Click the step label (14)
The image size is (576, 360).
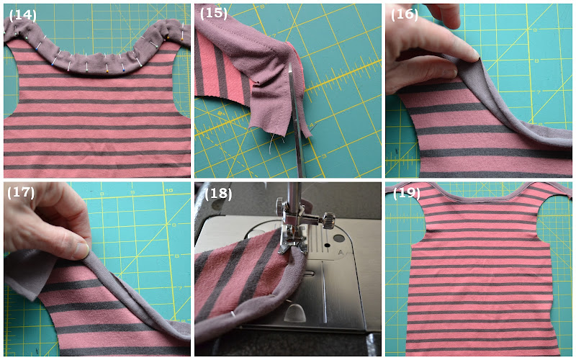pyautogui.click(x=22, y=15)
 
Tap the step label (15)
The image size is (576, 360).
pyautogui.click(x=213, y=13)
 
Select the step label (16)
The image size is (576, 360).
pyautogui.click(x=404, y=14)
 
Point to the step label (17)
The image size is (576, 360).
pyautogui.click(x=21, y=192)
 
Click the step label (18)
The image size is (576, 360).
pyautogui.click(x=218, y=194)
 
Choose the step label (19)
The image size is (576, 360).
pyautogui.click(x=406, y=193)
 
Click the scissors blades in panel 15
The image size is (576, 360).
pyautogui.click(x=297, y=121)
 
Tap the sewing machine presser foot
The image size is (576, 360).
pyautogui.click(x=293, y=240)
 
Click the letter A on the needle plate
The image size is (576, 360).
pyautogui.click(x=341, y=253)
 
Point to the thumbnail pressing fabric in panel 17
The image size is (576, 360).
pyautogui.click(x=81, y=251)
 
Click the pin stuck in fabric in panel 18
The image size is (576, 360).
pyautogui.click(x=233, y=313)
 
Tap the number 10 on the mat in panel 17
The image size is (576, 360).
pyautogui.click(x=168, y=190)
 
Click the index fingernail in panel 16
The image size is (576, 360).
pyautogui.click(x=474, y=55)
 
